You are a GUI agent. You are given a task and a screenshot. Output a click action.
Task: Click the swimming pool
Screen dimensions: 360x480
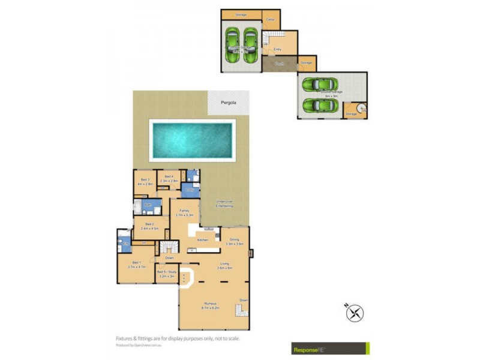pyautogui.click(x=192, y=140)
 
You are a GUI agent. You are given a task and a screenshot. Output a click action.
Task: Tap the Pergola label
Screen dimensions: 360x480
pyautogui.click(x=228, y=103)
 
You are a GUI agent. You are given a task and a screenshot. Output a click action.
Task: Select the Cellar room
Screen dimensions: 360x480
pyautogui.click(x=271, y=20)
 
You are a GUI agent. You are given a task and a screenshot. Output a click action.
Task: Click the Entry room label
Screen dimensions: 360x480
pyautogui.click(x=278, y=49)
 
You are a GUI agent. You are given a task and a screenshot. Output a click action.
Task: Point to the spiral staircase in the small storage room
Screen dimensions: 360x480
pyautogui.click(x=362, y=109)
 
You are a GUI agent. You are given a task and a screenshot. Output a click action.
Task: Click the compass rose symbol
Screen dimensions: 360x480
pyautogui.click(x=355, y=313)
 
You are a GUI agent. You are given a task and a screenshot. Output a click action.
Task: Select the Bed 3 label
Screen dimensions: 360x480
pyautogui.click(x=145, y=181)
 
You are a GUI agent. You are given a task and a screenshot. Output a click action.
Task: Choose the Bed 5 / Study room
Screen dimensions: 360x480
pyautogui.click(x=166, y=274)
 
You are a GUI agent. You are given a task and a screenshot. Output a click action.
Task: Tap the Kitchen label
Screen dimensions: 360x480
pyautogui.click(x=202, y=240)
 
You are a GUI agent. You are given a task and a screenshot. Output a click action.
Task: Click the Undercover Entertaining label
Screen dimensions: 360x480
pyautogui.click(x=224, y=204)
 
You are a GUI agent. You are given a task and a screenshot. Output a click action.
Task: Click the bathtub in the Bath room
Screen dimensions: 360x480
pyautogui.click(x=137, y=208)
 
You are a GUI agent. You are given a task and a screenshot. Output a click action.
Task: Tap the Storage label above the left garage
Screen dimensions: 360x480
pyautogui.click(x=241, y=14)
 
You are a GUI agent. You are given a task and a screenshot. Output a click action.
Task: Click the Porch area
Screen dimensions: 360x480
pyautogui.click(x=279, y=64)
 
